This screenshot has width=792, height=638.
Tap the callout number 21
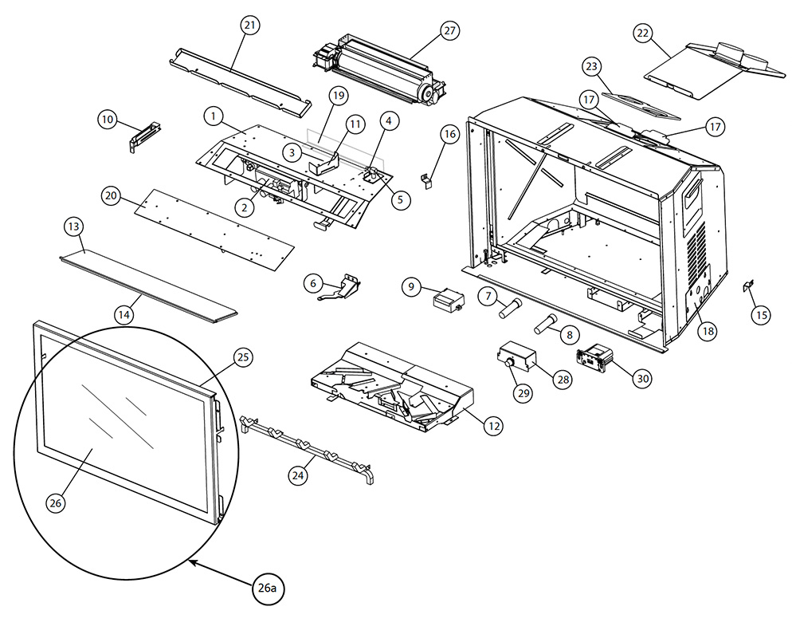[x=250, y=25]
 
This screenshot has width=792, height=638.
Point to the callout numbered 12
[x=493, y=426]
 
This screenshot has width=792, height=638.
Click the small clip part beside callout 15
[x=748, y=286]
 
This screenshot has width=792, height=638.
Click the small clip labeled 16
[x=428, y=179]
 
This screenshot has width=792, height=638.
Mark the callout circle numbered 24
[x=298, y=475]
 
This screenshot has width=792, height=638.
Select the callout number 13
[x=74, y=226]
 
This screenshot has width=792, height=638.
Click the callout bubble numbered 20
[x=111, y=195]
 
